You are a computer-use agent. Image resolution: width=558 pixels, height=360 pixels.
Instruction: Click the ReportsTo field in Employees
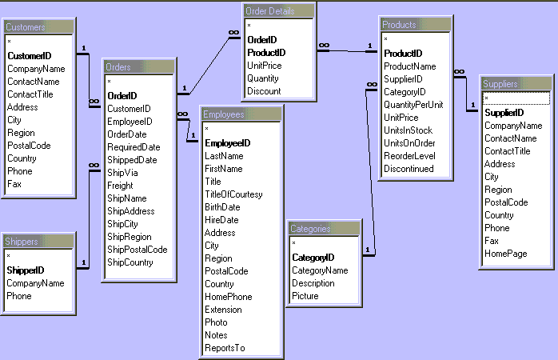pyautogui.click(x=225, y=348)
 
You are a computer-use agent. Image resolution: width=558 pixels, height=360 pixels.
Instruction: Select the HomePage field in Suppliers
pyautogui.click(x=505, y=254)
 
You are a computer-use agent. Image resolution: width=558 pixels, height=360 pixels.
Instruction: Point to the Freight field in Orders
pyautogui.click(x=121, y=186)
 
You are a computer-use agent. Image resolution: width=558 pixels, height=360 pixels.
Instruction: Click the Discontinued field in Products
pyautogui.click(x=409, y=169)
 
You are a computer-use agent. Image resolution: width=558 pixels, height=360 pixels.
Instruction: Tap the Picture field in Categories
pyautogui.click(x=305, y=296)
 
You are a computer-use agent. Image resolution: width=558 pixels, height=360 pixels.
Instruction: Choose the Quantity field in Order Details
pyautogui.click(x=263, y=78)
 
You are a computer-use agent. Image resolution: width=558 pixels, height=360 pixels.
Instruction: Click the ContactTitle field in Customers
pyautogui.click(x=30, y=94)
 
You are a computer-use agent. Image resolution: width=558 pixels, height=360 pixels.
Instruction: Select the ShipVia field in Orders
pyautogui.click(x=122, y=173)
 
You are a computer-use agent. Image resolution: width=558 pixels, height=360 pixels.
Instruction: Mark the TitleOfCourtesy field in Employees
pyautogui.click(x=233, y=194)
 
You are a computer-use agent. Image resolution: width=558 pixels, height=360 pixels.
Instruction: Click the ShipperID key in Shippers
pyautogui.click(x=26, y=270)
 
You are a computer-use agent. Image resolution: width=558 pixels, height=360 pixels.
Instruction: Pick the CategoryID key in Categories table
pyautogui.click(x=313, y=258)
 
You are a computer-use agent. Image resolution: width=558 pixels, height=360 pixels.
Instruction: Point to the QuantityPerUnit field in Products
pyautogui.click(x=413, y=105)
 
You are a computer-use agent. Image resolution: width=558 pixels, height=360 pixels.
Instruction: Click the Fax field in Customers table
pyautogui.click(x=14, y=184)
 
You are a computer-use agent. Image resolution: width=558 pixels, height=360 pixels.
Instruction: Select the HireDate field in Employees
pyautogui.click(x=221, y=220)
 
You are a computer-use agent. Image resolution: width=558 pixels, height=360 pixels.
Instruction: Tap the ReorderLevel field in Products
pyautogui.click(x=409, y=156)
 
